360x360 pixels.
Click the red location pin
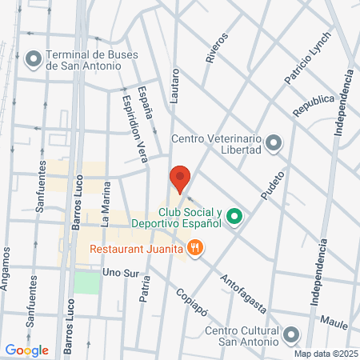point(179,178)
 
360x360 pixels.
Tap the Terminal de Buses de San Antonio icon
point(34,58)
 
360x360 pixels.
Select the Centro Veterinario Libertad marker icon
point(274,143)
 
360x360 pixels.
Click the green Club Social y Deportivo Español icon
point(234,216)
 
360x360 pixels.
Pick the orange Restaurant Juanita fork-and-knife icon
point(194,248)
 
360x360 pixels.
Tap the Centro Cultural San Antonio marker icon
point(290,334)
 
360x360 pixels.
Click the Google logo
point(27,350)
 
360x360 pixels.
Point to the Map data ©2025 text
point(324,354)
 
